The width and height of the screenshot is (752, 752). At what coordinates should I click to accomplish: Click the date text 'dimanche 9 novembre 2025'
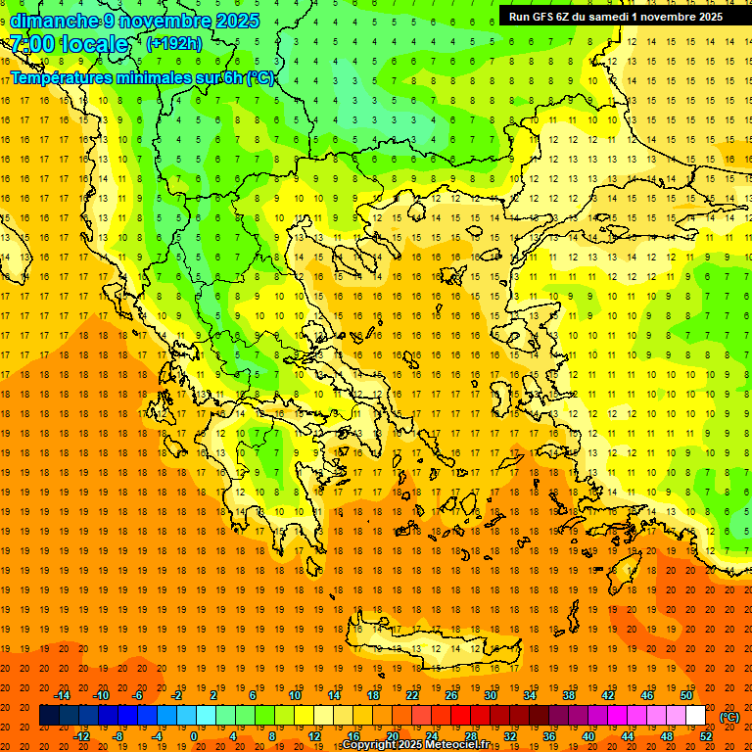click(134, 21)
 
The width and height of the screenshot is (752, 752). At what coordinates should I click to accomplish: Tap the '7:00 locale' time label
click(69, 44)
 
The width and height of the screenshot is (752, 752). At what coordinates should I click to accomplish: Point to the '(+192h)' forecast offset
click(174, 43)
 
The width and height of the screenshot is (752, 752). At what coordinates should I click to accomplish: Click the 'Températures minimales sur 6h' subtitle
click(142, 77)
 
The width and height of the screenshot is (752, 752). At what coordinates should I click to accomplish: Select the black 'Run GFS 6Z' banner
click(616, 16)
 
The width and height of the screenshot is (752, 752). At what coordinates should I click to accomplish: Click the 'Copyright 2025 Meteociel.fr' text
click(416, 745)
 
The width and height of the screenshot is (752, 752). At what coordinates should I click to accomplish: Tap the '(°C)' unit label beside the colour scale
click(729, 717)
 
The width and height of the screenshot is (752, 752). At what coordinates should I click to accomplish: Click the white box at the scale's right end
click(696, 716)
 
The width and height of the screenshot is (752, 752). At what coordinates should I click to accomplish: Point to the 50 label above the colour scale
click(686, 695)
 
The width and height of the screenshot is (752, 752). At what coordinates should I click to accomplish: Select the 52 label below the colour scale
click(706, 736)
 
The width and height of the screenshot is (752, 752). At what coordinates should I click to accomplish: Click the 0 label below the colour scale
click(194, 736)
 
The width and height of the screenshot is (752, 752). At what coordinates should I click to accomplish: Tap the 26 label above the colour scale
click(451, 695)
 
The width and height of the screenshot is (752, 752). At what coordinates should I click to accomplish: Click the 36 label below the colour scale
click(549, 736)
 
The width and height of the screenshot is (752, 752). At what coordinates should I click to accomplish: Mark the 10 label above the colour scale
click(295, 695)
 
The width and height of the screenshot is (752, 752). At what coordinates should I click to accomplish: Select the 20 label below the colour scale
click(393, 736)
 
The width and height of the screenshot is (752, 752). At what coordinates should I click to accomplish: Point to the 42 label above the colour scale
click(608, 695)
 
